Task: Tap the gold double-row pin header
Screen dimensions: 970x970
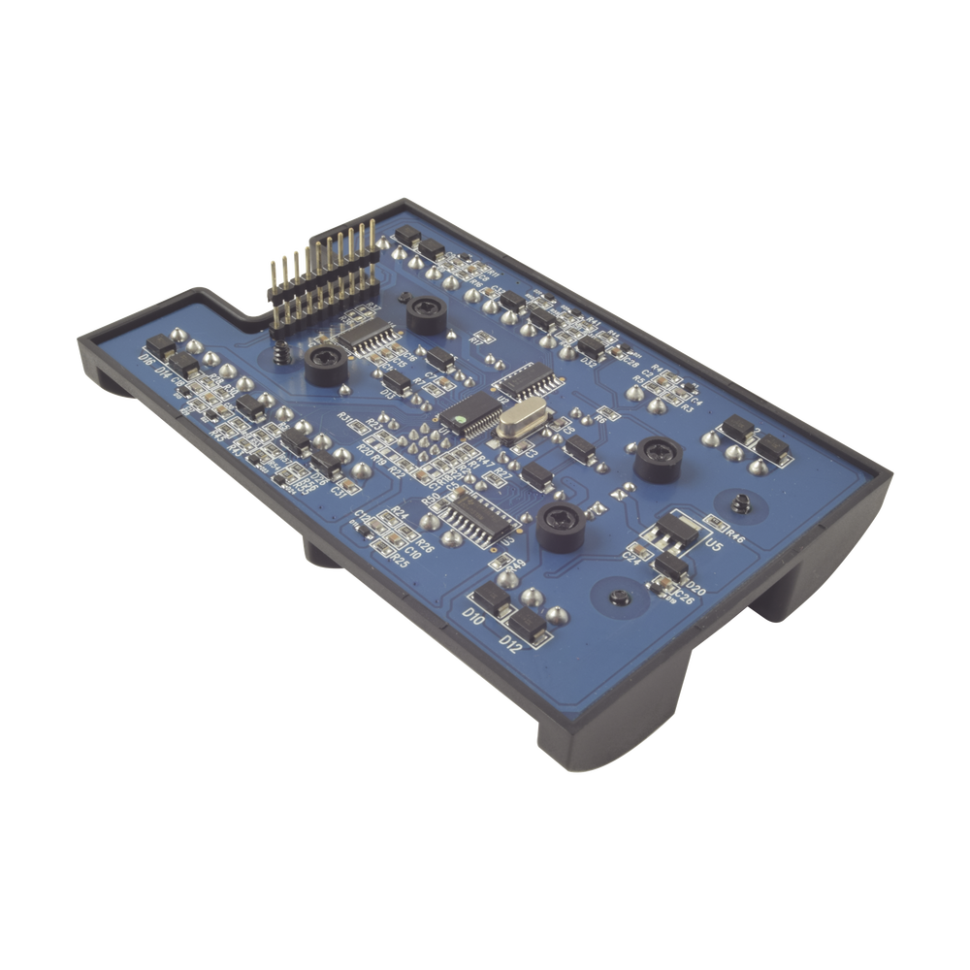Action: click(x=325, y=276)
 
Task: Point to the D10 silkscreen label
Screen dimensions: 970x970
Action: click(x=473, y=617)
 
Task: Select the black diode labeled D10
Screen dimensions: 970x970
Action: click(x=494, y=602)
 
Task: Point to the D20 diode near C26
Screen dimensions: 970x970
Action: click(x=669, y=566)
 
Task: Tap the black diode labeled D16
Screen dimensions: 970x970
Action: click(x=161, y=344)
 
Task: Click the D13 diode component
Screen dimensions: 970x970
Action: click(x=397, y=380)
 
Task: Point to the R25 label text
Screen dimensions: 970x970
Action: click(x=397, y=560)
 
